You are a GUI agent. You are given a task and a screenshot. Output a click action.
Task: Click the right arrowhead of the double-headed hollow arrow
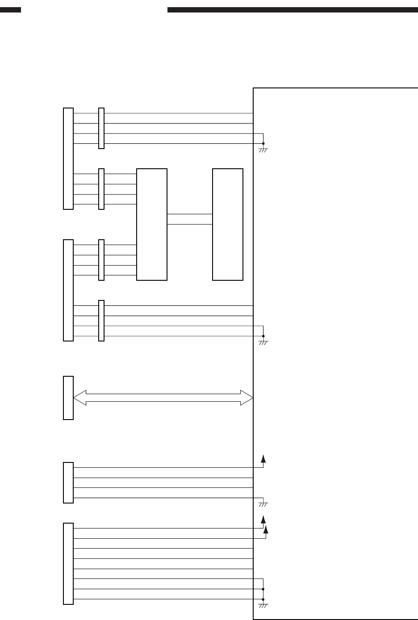(247, 397)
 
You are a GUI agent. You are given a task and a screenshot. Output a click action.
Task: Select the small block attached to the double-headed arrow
(68, 398)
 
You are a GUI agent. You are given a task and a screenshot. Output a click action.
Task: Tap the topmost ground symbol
(263, 150)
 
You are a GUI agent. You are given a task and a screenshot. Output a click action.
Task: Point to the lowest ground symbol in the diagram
(263, 606)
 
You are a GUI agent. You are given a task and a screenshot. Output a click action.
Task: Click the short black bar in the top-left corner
(10, 10)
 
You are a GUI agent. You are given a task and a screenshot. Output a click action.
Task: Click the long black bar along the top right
(293, 10)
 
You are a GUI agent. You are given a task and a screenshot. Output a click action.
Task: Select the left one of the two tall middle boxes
(152, 224)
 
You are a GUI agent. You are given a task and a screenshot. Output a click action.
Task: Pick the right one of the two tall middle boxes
(228, 224)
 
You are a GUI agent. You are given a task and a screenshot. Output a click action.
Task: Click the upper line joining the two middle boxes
(189, 214)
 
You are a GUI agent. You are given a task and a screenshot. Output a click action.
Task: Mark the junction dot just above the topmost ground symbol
(263, 143)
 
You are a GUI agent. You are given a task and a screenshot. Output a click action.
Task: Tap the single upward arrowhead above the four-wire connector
(263, 458)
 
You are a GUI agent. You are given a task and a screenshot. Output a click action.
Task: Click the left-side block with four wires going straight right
(68, 483)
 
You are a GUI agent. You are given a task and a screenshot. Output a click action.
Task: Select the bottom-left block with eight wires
(68, 563)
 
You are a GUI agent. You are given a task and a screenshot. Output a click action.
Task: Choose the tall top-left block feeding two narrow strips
(68, 158)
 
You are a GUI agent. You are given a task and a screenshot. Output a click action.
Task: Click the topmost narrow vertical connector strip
(101, 128)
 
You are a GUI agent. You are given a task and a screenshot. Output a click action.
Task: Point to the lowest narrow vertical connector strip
(101, 320)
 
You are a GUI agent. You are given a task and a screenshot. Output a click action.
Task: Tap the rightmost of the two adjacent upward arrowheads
(267, 529)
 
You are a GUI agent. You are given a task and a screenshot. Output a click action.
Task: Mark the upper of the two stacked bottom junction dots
(263, 589)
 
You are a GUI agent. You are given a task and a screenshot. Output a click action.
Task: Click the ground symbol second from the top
(263, 343)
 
